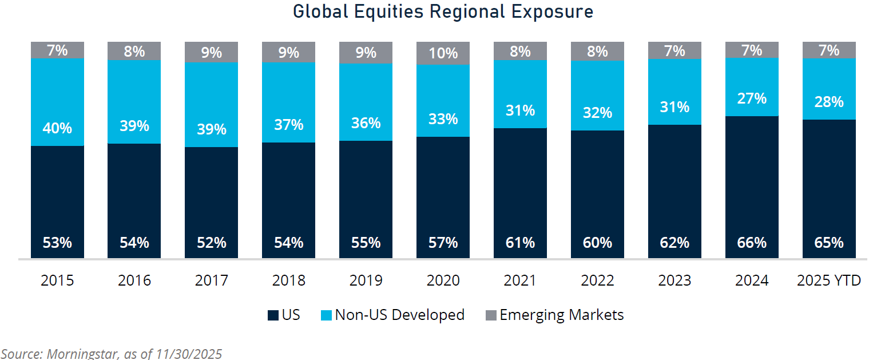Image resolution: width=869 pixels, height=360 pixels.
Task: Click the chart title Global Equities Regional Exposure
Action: click(x=443, y=12)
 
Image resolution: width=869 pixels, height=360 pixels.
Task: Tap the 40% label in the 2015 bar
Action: click(x=57, y=128)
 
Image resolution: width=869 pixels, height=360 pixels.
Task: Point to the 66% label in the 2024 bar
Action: click(x=752, y=243)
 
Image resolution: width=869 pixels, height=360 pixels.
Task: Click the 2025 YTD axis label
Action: click(x=829, y=281)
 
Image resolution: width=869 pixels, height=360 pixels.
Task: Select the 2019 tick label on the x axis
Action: click(x=366, y=281)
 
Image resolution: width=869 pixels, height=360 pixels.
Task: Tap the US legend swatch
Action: click(x=273, y=315)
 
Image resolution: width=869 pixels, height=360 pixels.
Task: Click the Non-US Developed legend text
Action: click(x=399, y=315)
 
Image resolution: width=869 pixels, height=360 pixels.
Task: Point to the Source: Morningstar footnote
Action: click(x=112, y=353)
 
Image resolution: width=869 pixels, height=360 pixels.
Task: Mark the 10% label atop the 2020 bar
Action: click(x=443, y=53)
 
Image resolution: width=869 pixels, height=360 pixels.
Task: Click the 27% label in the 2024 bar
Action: click(x=752, y=98)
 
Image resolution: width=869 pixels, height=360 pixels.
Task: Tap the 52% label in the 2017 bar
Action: click(x=212, y=243)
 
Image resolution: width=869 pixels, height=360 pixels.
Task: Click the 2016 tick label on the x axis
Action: click(x=134, y=281)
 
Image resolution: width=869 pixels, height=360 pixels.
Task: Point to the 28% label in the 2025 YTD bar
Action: click(x=829, y=102)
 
